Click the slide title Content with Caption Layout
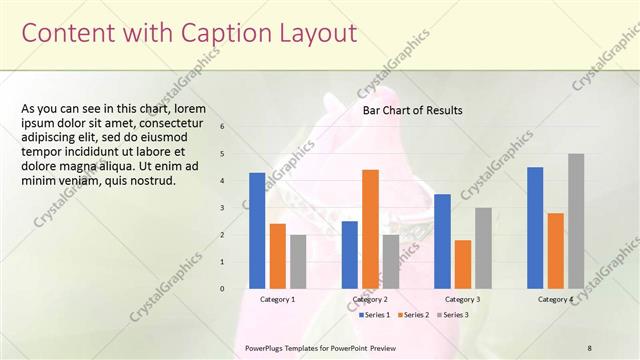tap(189, 33)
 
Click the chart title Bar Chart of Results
tap(412, 111)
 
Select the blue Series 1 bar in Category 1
tap(257, 230)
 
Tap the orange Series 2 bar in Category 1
tap(278, 256)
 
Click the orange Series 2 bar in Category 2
tap(370, 229)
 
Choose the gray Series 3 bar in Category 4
tap(576, 221)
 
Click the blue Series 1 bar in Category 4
tap(535, 227)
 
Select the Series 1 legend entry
tap(375, 314)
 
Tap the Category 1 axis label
tap(277, 299)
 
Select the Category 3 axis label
tap(462, 299)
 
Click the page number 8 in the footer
tap(589, 346)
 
